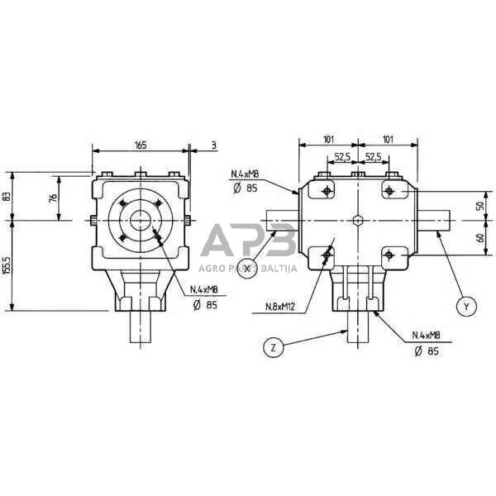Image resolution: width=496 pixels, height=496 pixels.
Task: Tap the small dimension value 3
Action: pos(213,145)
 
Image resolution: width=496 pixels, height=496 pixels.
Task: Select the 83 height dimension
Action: pos(7,197)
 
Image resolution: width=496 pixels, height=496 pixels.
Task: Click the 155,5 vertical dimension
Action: pos(7,266)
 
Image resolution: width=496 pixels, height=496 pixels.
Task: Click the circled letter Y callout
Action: pos(466,306)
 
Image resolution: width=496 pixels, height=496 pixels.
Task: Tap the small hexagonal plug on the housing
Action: pos(356,220)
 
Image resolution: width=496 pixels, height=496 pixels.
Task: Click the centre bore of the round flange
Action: pos(139,221)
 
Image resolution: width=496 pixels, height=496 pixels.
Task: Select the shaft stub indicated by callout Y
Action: pos(435,221)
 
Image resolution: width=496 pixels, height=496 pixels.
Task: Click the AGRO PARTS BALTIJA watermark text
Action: pos(248,268)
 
